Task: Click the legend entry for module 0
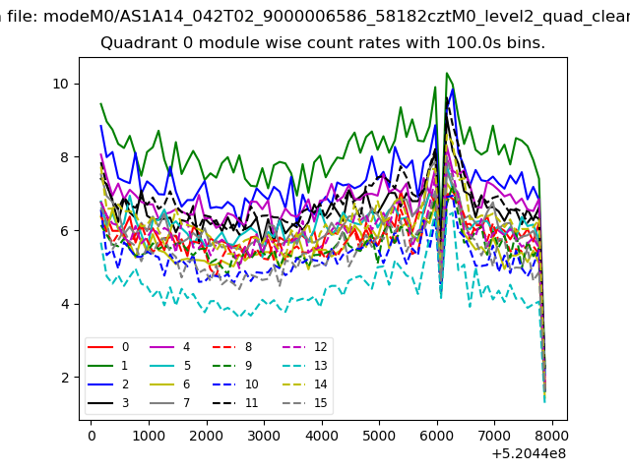(x=108, y=347)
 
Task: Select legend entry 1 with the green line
(x=108, y=365)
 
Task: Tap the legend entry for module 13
(x=270, y=365)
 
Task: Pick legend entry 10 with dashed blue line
(x=235, y=384)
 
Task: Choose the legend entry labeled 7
(x=170, y=402)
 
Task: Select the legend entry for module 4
(x=170, y=347)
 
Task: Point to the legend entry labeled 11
(x=235, y=402)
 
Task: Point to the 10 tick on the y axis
(x=61, y=84)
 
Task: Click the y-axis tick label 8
(x=65, y=157)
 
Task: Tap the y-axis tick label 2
(x=65, y=378)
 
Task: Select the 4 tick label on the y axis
(x=65, y=304)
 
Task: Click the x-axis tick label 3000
(x=264, y=436)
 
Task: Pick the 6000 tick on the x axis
(x=437, y=436)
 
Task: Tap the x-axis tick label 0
(x=92, y=436)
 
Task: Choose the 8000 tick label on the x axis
(x=552, y=436)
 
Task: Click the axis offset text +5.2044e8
(x=529, y=454)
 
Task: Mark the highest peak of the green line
(x=447, y=73)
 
